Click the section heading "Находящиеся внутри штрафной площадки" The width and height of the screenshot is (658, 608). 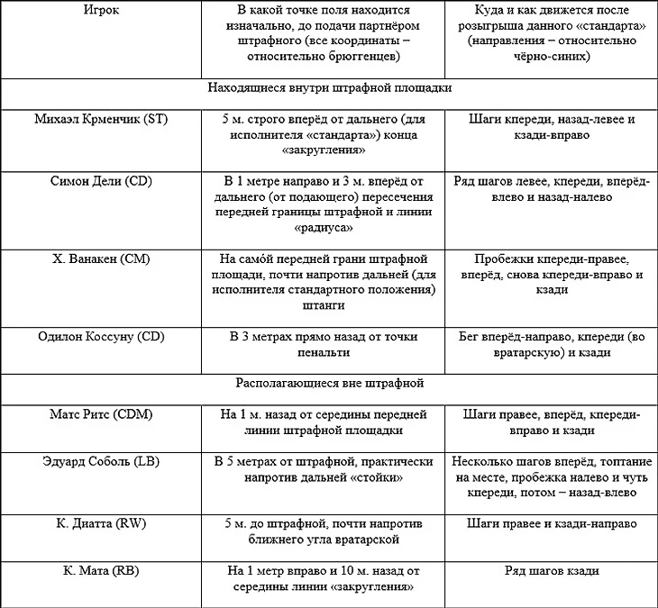point(329,88)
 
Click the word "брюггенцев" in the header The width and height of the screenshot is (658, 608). point(361,57)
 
